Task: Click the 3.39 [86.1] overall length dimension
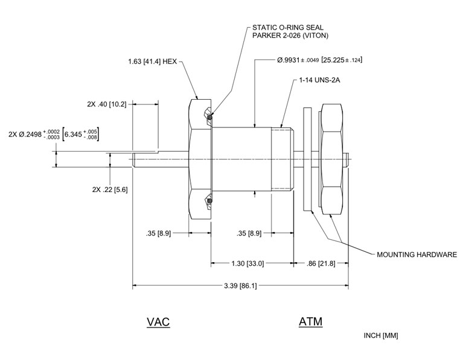click(x=240, y=286)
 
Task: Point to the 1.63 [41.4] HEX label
click(x=154, y=62)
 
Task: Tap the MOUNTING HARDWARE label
click(x=417, y=254)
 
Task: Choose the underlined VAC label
click(x=158, y=322)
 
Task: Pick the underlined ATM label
click(x=310, y=322)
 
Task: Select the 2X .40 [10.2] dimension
click(x=107, y=104)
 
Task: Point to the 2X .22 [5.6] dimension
click(x=109, y=189)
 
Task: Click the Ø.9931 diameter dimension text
click(x=319, y=60)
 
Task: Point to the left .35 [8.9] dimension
click(x=160, y=233)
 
